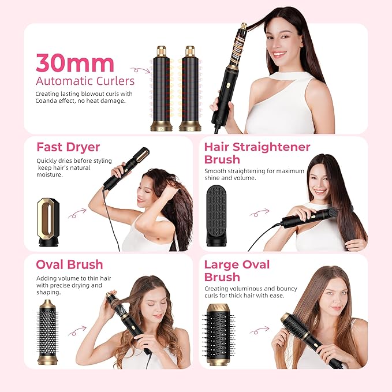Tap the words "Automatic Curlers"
coord(85,81)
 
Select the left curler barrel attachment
coord(162,88)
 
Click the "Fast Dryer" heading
coord(68,147)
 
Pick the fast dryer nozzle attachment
coord(48,222)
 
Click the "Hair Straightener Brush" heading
coord(257,154)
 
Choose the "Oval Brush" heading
coord(69,264)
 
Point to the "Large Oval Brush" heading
coord(237,271)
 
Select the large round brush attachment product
coord(219,334)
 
